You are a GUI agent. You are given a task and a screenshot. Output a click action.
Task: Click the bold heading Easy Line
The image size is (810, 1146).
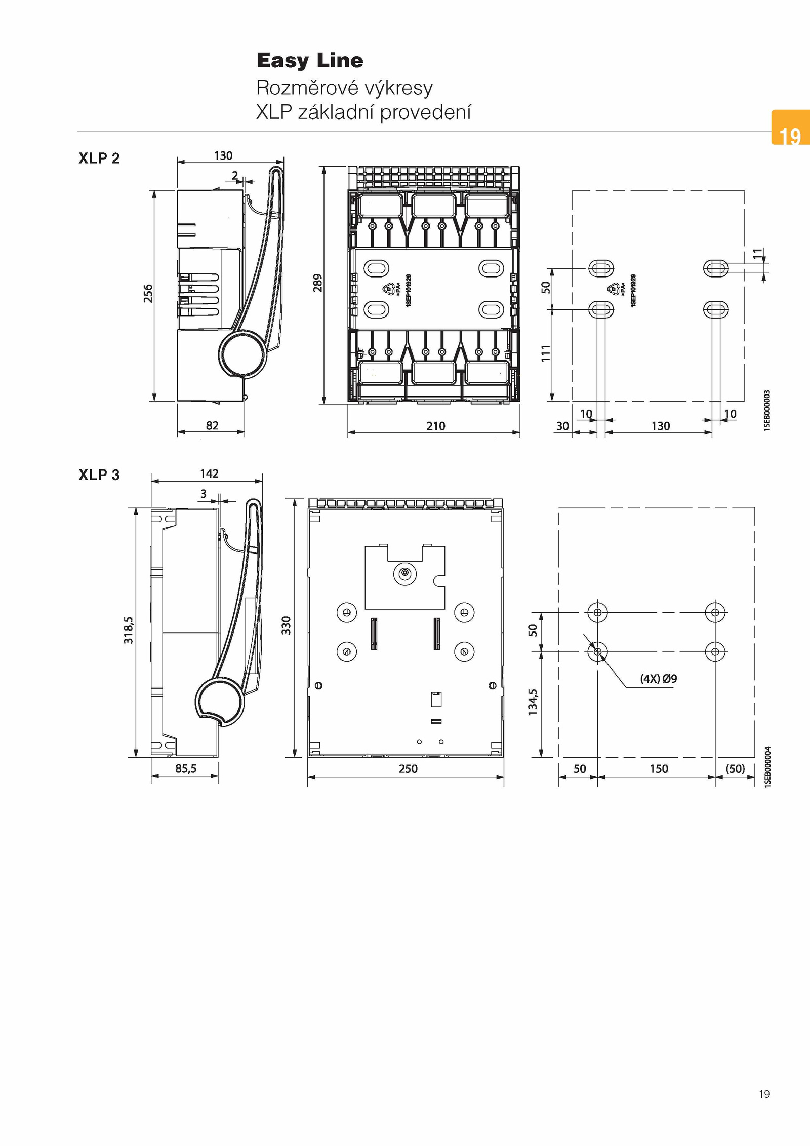tap(310, 61)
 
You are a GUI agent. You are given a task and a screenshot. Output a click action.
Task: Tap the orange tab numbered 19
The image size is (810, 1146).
tap(790, 128)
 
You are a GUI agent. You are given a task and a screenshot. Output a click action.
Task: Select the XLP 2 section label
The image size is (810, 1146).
tap(99, 159)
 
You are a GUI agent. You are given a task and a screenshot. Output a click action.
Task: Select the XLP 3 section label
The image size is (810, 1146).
tap(99, 475)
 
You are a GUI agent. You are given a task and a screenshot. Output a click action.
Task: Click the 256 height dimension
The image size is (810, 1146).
tap(148, 294)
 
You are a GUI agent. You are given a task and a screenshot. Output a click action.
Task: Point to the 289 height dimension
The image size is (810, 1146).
tap(317, 283)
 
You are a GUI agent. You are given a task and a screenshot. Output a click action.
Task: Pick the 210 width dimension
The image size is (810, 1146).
tap(435, 426)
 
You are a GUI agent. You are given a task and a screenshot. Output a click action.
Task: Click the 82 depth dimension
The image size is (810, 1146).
tap(212, 425)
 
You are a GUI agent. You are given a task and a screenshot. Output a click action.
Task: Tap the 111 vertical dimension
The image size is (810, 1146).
tap(545, 353)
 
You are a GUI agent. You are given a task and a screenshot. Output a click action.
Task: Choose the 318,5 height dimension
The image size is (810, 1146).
tap(129, 630)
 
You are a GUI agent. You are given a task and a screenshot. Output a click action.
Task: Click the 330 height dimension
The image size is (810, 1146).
tap(287, 625)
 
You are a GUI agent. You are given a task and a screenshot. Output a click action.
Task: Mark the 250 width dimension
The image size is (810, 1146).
tap(408, 769)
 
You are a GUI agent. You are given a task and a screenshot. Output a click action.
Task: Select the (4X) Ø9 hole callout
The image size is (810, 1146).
tap(659, 679)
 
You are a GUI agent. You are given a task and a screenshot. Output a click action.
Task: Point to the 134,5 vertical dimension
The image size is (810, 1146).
tap(533, 702)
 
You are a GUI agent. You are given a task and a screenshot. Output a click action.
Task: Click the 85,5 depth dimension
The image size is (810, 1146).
tap(186, 769)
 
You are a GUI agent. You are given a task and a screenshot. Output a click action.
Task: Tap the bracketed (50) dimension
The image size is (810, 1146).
tap(735, 769)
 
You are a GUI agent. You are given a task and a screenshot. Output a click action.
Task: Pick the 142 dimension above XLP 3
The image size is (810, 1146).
tap(209, 473)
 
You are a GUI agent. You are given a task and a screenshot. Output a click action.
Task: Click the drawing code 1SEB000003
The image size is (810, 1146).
tap(767, 410)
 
